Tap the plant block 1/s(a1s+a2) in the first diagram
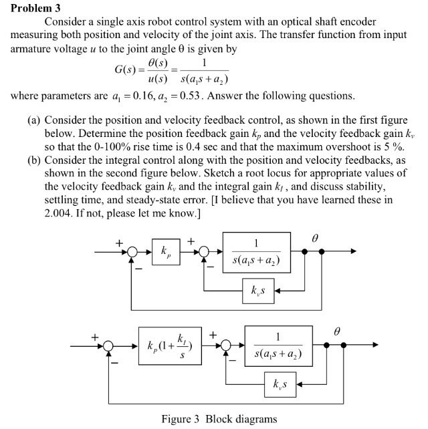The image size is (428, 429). (257, 253)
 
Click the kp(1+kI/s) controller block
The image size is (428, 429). (171, 346)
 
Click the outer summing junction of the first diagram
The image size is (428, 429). (133, 253)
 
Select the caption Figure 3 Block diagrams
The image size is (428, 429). (218, 419)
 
